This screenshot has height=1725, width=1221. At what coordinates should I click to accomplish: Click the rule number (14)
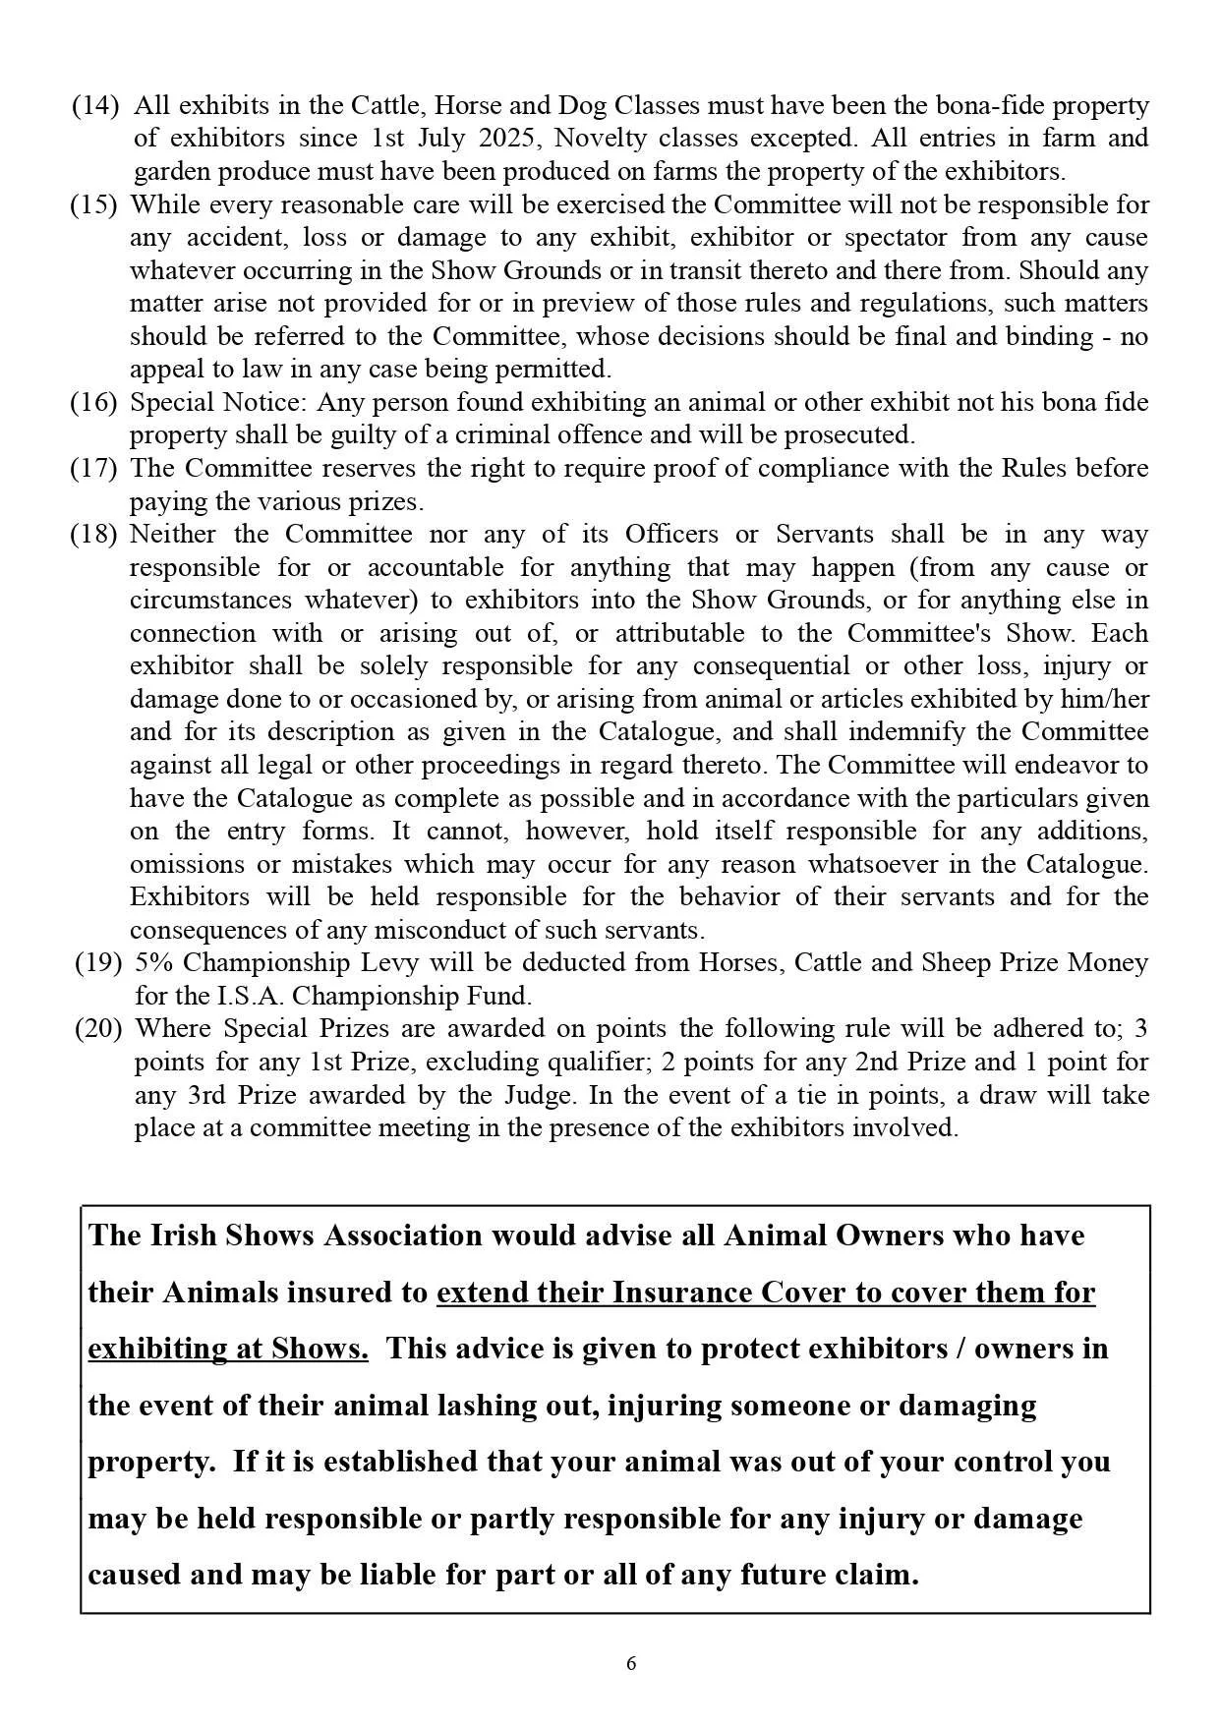click(x=96, y=105)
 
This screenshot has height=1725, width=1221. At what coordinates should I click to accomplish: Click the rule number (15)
click(x=94, y=204)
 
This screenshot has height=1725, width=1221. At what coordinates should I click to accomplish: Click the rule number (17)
click(x=94, y=468)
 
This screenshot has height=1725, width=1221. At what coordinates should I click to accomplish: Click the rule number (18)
click(x=94, y=534)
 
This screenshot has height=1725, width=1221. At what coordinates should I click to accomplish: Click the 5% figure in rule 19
click(x=153, y=962)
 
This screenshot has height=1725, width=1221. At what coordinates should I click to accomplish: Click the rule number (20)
click(x=99, y=1028)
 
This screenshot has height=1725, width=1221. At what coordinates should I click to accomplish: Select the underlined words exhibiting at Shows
click(x=228, y=1349)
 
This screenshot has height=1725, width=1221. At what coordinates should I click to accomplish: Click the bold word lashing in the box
click(x=487, y=1405)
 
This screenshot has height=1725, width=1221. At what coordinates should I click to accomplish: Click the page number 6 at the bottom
click(x=631, y=1663)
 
